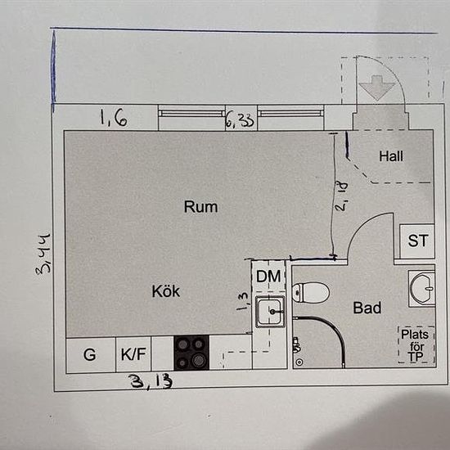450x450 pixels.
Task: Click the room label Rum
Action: click(x=200, y=207)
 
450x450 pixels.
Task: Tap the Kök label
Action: click(x=166, y=291)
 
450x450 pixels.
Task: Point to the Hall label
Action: click(x=391, y=156)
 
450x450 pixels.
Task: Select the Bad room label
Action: click(x=367, y=308)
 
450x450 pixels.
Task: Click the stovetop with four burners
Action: click(x=191, y=353)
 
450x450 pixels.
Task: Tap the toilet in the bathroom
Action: click(x=311, y=292)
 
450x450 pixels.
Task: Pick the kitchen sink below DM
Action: click(x=270, y=312)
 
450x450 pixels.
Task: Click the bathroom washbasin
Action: click(x=422, y=289)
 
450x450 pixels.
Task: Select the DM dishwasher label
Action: click(x=268, y=277)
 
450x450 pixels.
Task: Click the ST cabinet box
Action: click(x=417, y=241)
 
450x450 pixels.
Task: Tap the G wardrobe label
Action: click(x=89, y=355)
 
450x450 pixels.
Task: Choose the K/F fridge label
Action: click(x=133, y=354)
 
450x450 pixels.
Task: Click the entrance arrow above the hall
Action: click(x=377, y=88)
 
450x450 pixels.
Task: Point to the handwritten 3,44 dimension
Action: click(x=43, y=254)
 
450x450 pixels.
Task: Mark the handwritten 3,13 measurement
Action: click(x=151, y=382)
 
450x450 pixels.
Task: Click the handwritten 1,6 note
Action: click(x=114, y=118)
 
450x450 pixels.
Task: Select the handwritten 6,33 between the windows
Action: click(x=241, y=120)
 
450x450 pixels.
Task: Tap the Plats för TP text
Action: click(x=416, y=345)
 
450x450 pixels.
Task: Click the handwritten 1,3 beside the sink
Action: click(x=243, y=301)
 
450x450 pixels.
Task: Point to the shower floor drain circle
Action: click(x=299, y=362)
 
